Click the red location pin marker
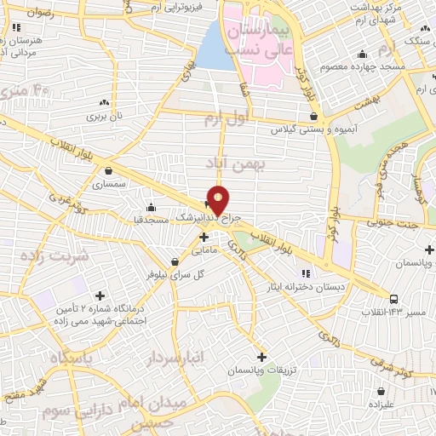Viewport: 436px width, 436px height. [x=218, y=199]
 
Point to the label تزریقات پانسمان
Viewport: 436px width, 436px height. [x=261, y=372]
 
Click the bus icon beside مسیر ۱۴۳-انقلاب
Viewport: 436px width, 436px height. [x=393, y=299]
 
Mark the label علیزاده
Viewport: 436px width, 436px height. [x=381, y=404]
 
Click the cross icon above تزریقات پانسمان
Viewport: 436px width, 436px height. [x=261, y=357]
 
